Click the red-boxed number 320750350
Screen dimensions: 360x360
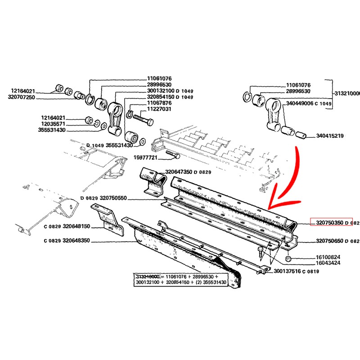329,222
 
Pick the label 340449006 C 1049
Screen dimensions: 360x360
308,103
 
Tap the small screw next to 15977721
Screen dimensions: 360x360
173,155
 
